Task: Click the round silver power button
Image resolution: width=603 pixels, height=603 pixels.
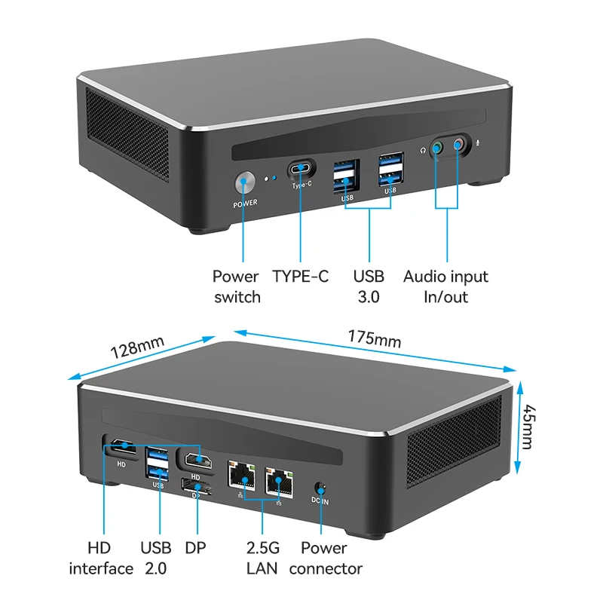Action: pos(244,182)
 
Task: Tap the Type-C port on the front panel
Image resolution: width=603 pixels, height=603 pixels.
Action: pos(301,169)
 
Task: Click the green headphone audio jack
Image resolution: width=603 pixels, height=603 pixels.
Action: pos(437,147)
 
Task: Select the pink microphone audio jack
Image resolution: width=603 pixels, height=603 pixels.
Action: pos(458,145)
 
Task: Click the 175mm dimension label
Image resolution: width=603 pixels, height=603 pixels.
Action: pos(374,338)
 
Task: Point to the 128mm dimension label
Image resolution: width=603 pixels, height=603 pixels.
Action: pos(137,347)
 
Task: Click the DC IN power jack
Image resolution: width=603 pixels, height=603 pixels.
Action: pos(320,488)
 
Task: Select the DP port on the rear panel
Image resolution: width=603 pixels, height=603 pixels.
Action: pos(197,485)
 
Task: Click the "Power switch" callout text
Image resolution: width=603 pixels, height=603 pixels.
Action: pos(237,286)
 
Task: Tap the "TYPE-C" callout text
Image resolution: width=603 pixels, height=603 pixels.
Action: pos(300,277)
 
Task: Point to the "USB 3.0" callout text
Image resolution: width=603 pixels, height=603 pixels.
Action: pos(369,286)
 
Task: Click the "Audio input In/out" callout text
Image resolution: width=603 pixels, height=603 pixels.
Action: pos(445,286)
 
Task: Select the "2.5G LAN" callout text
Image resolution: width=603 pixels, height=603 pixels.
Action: pos(262,558)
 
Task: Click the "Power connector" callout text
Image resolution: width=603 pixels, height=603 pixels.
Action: pos(326,558)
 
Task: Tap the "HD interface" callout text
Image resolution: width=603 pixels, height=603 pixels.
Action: pos(101,558)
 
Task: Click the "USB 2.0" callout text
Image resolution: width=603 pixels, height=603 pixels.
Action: pos(156,558)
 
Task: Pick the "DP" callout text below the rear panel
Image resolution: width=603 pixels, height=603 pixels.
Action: pos(195,548)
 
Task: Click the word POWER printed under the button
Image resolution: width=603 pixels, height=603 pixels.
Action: pos(245,204)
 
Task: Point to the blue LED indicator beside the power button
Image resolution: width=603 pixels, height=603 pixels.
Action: pos(274,178)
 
